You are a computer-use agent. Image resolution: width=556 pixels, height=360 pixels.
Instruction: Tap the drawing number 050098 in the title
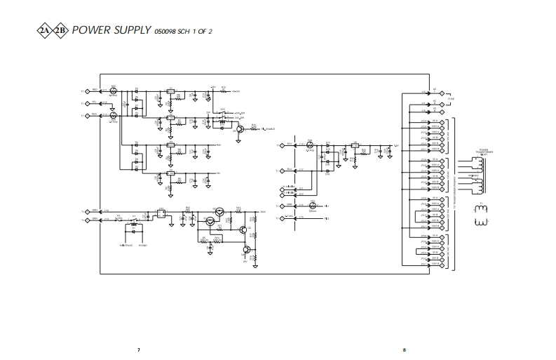point(165,32)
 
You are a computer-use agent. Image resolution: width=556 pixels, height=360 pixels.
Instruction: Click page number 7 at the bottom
point(139,349)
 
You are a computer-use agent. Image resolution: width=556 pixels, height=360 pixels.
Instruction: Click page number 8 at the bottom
point(404,349)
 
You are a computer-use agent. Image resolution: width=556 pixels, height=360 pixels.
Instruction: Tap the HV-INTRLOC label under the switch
point(126,246)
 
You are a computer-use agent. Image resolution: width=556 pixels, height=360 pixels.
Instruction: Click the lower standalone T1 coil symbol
point(480,222)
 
